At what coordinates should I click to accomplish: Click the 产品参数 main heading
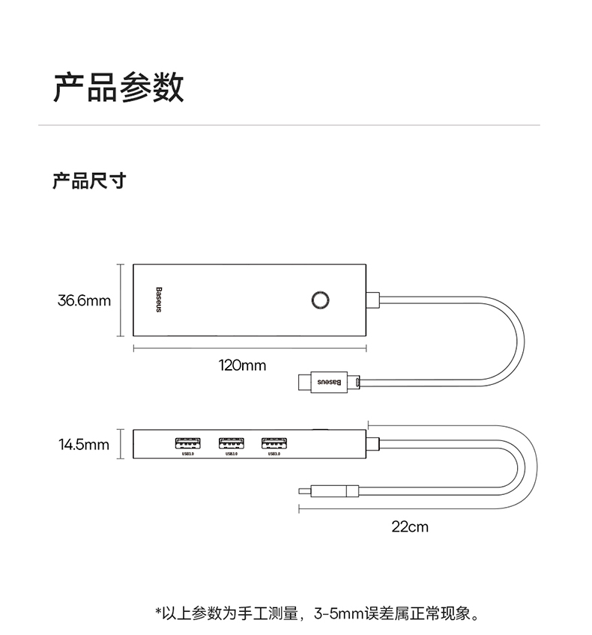(118, 87)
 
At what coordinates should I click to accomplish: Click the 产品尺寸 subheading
(89, 180)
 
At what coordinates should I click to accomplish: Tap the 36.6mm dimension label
(84, 300)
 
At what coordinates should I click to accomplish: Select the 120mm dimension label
(242, 365)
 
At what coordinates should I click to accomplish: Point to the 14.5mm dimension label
(84, 445)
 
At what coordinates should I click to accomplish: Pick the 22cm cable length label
(410, 526)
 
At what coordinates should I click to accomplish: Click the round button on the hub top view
(320, 300)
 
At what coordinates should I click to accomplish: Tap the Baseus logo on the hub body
(159, 300)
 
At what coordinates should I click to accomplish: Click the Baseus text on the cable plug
(329, 382)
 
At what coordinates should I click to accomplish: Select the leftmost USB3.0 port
(187, 443)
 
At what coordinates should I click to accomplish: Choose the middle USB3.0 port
(232, 443)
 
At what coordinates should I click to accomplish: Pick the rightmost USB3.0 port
(274, 443)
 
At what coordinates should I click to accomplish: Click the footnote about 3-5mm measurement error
(317, 613)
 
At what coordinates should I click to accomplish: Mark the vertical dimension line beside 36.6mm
(121, 300)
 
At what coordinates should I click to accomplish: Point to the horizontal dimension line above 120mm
(250, 348)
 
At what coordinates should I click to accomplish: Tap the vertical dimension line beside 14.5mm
(121, 444)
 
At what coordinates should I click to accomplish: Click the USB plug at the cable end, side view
(329, 491)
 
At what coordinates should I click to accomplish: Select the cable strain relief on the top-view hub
(372, 300)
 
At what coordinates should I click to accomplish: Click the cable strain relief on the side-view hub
(372, 444)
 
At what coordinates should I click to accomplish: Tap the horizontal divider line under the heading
(289, 125)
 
